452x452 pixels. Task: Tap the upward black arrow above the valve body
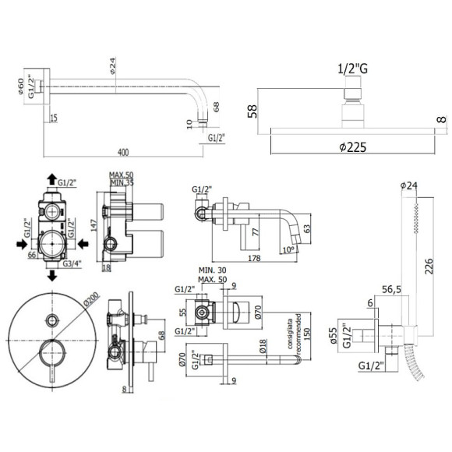click(x=51, y=178)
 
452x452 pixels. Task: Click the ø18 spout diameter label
click(x=263, y=348)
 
